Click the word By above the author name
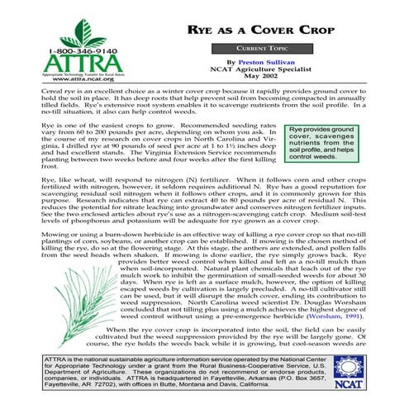click(x=231, y=61)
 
